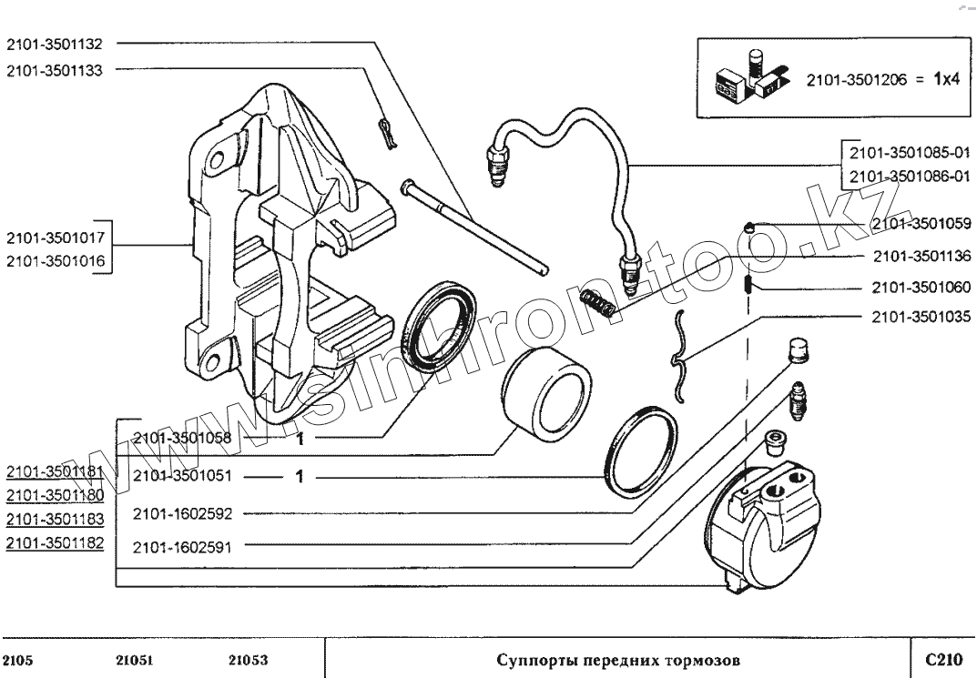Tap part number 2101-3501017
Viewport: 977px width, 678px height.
pos(56,238)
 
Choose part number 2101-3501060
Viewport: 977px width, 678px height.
pos(921,288)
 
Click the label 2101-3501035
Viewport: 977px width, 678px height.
pos(921,318)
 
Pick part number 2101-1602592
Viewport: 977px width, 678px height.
pos(183,513)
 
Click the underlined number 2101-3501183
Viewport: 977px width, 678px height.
pos(55,519)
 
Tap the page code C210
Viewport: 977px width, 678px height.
pos(942,658)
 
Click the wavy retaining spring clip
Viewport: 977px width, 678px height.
pos(680,354)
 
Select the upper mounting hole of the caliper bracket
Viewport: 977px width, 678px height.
pos(218,161)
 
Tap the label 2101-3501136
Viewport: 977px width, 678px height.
pos(921,256)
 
